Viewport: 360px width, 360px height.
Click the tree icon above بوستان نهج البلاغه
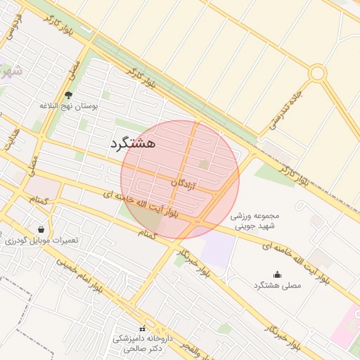(x=68, y=95)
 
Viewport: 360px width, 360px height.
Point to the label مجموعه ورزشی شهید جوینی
(x=256, y=220)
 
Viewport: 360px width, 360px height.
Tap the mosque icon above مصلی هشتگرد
(x=277, y=275)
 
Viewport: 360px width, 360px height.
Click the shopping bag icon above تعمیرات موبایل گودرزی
(x=41, y=230)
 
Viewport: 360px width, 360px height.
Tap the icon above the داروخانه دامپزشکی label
(x=143, y=328)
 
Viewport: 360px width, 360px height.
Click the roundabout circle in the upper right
(x=318, y=72)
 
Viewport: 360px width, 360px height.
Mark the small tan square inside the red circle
(x=204, y=165)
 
